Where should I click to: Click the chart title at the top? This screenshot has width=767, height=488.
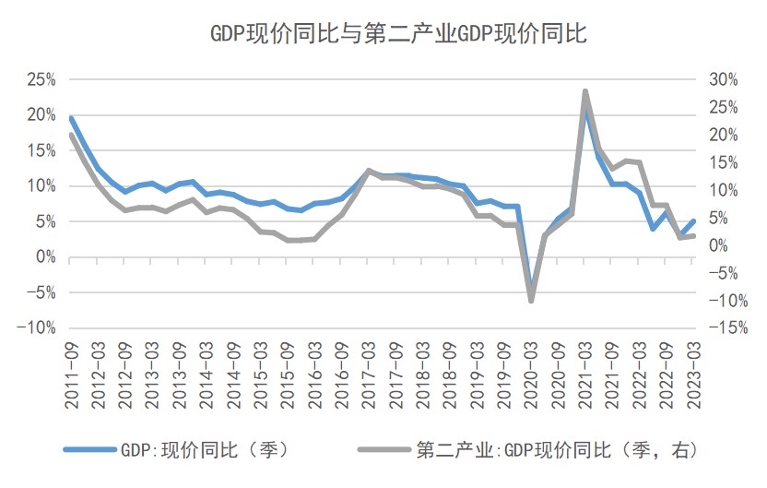[384, 33]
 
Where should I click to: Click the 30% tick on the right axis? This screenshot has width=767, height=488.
[725, 79]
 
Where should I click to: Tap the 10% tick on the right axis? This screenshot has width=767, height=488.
[725, 190]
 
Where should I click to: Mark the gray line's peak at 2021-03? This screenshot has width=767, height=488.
[585, 91]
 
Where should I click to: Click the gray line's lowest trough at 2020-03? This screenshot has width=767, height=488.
[531, 301]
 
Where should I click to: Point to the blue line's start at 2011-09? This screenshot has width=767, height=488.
[71, 118]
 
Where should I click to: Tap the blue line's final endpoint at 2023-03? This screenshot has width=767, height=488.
[693, 220]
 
